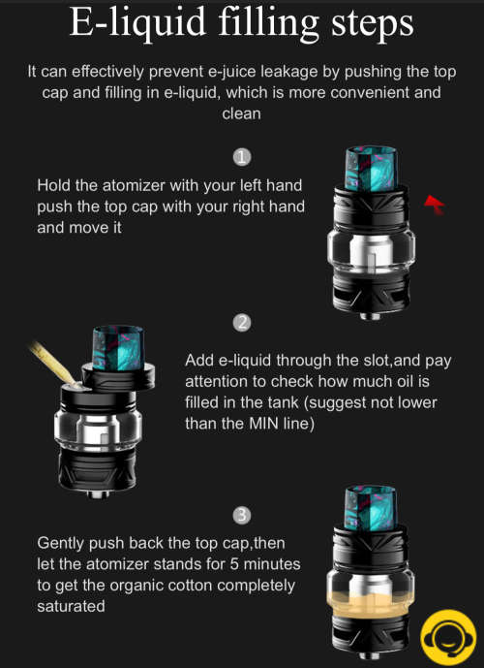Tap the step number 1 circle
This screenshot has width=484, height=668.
pos(243,157)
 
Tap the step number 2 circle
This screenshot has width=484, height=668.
pos(243,322)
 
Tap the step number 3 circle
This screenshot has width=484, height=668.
pos(243,513)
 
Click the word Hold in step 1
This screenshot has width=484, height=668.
pos(55,185)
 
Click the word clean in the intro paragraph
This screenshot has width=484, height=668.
pos(241,113)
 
